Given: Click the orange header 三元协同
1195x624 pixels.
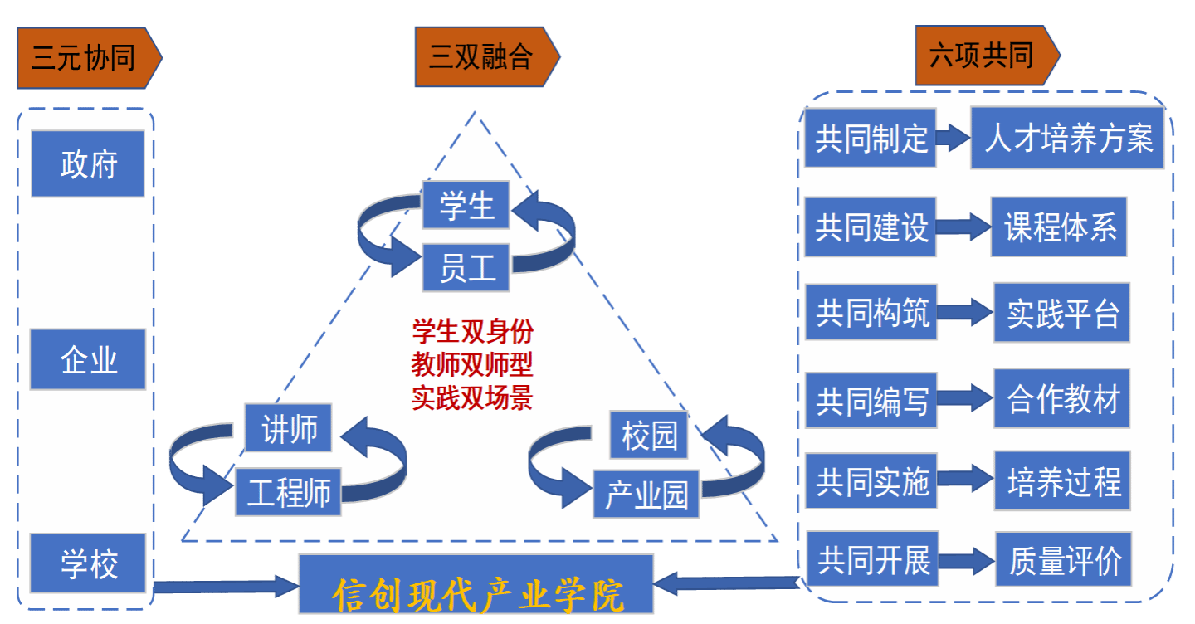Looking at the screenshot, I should tap(87, 58).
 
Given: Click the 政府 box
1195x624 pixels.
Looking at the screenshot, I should tap(88, 163).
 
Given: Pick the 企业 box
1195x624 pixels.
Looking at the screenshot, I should tap(88, 359).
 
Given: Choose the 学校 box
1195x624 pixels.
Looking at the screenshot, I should tap(88, 563).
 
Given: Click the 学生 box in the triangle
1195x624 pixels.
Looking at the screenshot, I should tap(466, 204).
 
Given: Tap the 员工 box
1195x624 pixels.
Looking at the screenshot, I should tap(466, 267).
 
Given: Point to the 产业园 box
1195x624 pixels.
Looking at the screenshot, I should tap(646, 495).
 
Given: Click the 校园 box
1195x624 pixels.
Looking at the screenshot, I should tap(649, 434).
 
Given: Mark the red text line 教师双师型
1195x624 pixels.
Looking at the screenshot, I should tap(472, 364).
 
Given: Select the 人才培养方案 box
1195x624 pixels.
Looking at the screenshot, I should tap(1067, 139).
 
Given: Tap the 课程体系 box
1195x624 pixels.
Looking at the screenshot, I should tap(1059, 227).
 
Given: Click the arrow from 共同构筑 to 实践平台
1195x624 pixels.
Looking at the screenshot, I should tap(965, 312).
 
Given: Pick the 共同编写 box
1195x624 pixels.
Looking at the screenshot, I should tap(871, 400).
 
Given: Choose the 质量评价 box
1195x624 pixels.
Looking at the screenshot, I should tap(1064, 562).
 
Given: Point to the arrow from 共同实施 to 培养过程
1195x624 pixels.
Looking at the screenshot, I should tap(965, 479).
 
